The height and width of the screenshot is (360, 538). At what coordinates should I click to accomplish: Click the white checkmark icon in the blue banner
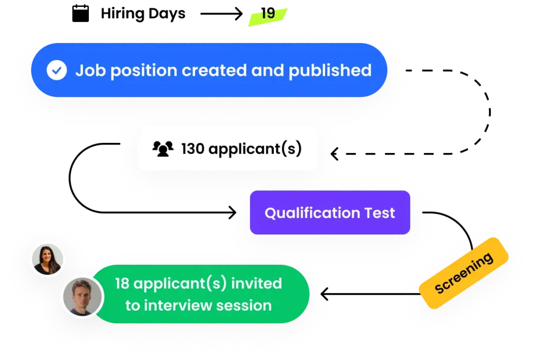coord(57,70)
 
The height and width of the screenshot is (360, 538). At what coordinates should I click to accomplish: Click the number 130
coord(193,149)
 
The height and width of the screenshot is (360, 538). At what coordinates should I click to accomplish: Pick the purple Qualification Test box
coord(329,213)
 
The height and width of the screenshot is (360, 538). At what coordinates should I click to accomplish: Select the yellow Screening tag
coord(464,273)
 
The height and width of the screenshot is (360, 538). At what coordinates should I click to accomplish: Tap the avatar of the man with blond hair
coord(82,296)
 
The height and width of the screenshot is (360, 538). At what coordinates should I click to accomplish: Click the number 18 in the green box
coord(122,284)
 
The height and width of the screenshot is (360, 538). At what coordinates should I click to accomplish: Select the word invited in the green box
coord(257,284)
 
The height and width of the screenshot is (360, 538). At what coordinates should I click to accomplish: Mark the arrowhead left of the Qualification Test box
coord(233,213)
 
